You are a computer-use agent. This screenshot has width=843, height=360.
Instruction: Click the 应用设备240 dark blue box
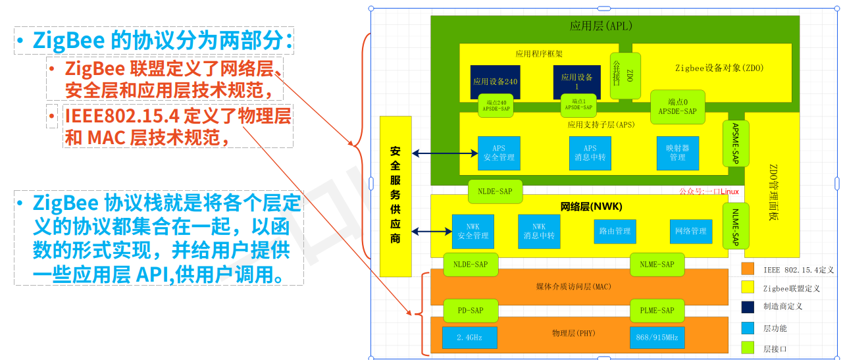(x=495, y=82)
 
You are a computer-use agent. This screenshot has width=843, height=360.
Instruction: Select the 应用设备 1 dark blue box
(x=576, y=82)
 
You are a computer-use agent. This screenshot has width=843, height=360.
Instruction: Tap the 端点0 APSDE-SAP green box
(x=677, y=107)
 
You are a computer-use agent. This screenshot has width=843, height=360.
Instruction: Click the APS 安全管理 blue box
(x=499, y=153)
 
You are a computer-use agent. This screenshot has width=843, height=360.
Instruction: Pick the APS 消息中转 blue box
(x=590, y=153)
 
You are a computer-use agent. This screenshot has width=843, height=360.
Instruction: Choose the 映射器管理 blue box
(x=677, y=153)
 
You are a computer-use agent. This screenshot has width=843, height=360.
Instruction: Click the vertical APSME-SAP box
(x=735, y=143)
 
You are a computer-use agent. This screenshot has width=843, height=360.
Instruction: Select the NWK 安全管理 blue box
(x=473, y=231)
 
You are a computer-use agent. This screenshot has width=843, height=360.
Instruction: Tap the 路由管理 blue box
(x=614, y=231)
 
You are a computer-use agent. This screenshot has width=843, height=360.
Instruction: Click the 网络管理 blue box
(x=690, y=231)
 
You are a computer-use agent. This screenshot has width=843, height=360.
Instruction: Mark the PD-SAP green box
(x=470, y=310)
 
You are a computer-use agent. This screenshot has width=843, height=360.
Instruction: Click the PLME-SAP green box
(x=657, y=310)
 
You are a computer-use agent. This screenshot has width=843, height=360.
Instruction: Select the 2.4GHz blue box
(x=469, y=337)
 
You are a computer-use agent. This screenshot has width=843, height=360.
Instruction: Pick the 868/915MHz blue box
(x=657, y=337)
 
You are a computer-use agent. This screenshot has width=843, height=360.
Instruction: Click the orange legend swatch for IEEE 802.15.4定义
(x=747, y=269)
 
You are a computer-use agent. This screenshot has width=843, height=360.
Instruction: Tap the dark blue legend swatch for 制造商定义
(x=747, y=307)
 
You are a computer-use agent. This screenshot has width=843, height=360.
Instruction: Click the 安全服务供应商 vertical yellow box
(x=396, y=196)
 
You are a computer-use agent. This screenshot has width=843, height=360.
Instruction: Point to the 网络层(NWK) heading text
(x=591, y=207)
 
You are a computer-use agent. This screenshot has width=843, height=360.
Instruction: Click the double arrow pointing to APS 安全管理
(x=445, y=153)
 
